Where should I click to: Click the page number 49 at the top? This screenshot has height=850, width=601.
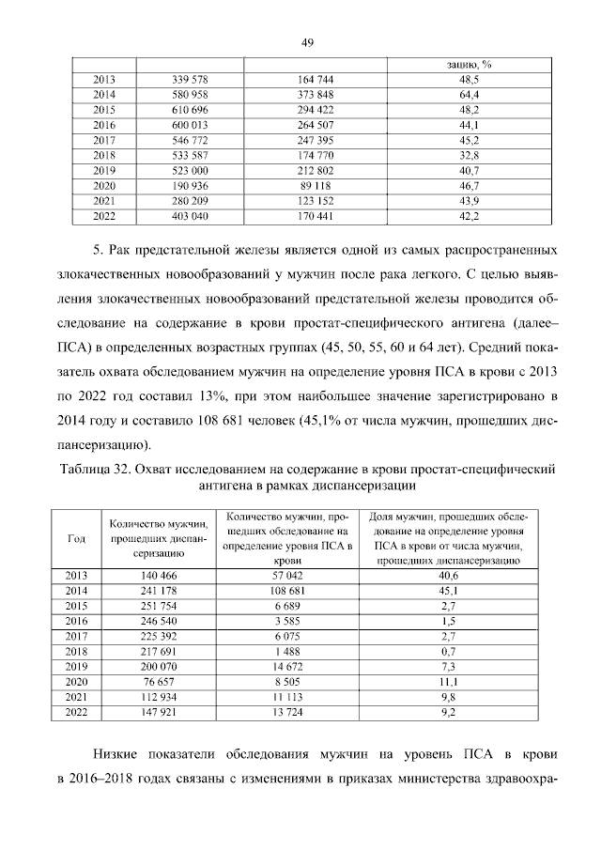(306, 42)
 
